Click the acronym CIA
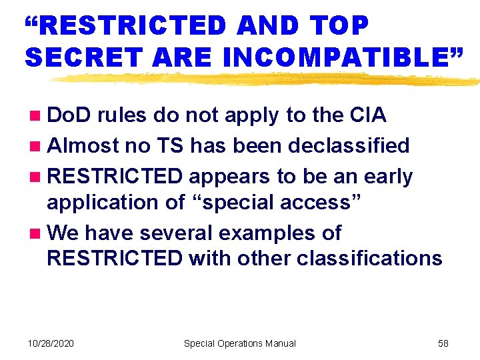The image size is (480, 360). tap(367, 115)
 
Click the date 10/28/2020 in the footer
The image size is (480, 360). tap(51, 343)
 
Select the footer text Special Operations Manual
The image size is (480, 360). tap(239, 343)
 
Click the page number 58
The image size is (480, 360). tap(443, 343)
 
